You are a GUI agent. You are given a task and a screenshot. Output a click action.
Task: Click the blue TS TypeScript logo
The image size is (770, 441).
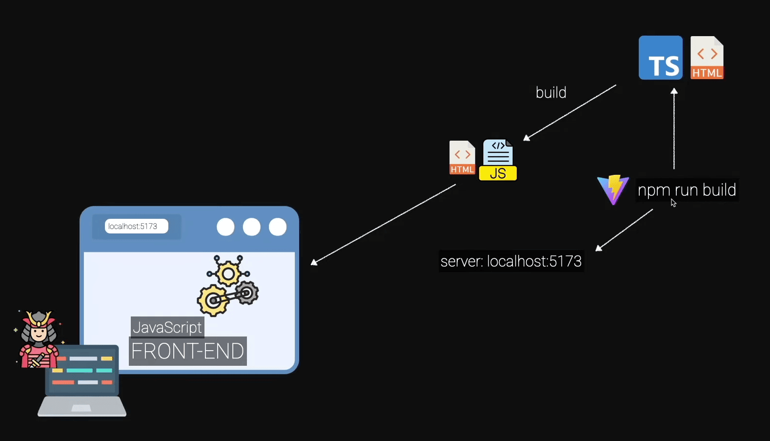661,58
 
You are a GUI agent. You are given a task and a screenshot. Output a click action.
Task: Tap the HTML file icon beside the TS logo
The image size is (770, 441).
707,58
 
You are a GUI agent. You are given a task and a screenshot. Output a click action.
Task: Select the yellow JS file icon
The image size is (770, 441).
498,160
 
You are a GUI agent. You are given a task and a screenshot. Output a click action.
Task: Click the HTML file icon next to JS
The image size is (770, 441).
462,158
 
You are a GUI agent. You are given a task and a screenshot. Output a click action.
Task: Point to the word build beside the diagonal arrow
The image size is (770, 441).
551,92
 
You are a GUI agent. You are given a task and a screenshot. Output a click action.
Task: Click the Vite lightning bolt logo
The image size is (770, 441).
613,189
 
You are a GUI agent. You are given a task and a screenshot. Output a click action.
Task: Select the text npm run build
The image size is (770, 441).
687,190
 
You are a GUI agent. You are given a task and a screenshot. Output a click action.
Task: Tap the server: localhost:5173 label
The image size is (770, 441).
511,261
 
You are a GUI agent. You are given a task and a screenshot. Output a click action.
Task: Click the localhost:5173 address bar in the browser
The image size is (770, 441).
136,226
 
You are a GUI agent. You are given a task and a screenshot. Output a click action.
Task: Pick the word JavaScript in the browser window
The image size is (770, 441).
167,327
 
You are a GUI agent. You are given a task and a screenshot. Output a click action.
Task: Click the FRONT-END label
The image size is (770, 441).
188,351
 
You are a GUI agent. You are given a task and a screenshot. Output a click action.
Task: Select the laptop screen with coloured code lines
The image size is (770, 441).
82,370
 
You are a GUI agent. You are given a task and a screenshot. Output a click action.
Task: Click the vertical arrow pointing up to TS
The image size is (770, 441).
674,129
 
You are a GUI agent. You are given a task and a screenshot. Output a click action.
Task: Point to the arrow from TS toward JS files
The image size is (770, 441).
569,113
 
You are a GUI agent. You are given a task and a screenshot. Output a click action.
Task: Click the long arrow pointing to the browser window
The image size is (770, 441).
384,225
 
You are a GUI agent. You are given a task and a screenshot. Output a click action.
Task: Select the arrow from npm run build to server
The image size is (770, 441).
624,230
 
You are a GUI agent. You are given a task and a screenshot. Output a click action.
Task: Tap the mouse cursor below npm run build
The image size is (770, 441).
673,203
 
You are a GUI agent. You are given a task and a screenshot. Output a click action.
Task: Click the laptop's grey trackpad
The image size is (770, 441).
81,408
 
